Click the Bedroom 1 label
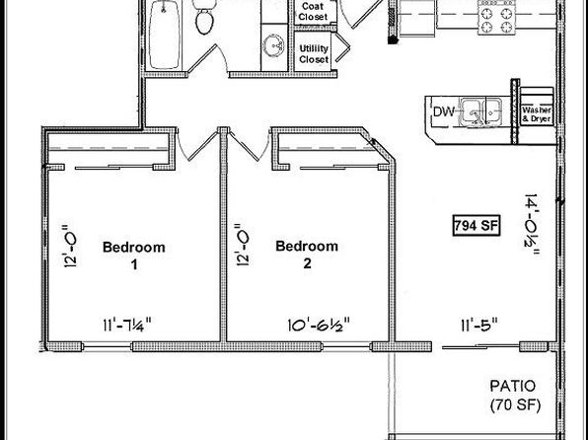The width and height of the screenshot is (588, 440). point(134,256)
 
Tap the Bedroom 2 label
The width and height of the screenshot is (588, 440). point(307,255)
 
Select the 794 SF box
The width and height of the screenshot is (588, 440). point(477,226)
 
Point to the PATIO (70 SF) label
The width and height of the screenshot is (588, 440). point(515,396)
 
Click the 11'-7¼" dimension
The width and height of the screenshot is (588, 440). point(127,325)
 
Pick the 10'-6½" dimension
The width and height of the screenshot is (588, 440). point(319,325)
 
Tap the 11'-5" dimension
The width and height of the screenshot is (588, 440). point(479,325)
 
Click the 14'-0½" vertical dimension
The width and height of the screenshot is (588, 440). point(532,225)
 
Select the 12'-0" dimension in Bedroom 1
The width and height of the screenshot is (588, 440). point(70,246)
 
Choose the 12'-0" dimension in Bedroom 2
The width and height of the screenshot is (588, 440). point(243,245)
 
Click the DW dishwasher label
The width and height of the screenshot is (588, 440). point(444,111)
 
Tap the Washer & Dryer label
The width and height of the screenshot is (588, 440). point(537,114)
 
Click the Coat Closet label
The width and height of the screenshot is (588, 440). point(314,12)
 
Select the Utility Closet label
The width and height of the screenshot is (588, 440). point(314,54)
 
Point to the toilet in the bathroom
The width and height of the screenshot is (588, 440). point(205,17)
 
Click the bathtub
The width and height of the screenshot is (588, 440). point(164,35)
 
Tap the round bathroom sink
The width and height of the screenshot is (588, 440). point(273,45)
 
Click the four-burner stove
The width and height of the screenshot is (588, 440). point(496,18)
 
